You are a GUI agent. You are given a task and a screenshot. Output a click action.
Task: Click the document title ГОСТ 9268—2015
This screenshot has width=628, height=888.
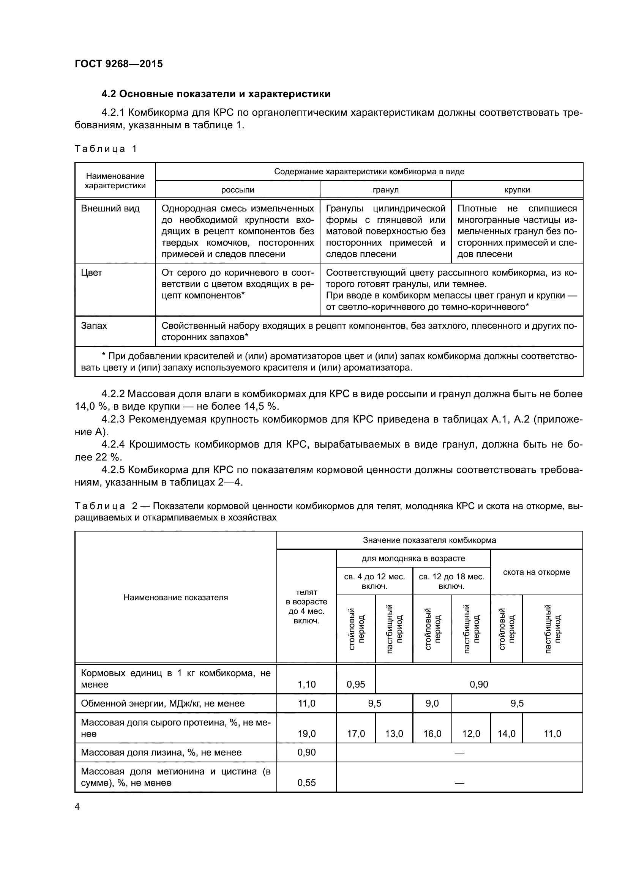[x=119, y=64]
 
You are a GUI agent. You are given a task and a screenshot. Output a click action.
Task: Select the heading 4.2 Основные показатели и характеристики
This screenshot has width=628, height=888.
[x=216, y=94]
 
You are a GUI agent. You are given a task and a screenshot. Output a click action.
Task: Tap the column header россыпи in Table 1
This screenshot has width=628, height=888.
[x=237, y=190]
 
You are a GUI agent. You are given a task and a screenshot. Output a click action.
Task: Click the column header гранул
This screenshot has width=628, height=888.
[x=385, y=190]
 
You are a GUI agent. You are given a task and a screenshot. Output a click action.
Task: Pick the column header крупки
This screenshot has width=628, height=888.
[x=517, y=190]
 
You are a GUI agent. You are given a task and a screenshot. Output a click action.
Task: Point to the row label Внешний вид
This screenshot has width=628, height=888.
[x=110, y=209]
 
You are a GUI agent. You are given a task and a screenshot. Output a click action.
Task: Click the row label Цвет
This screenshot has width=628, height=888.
[x=92, y=273]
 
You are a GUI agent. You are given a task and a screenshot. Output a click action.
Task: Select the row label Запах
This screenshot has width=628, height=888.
[x=94, y=326]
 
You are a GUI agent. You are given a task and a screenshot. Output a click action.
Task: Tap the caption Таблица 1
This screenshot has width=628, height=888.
[x=106, y=149]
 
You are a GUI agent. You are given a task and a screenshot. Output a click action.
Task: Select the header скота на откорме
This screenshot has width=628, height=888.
[x=536, y=572]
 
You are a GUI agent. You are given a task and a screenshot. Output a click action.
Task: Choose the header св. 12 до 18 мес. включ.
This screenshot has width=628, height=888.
[x=451, y=581]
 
